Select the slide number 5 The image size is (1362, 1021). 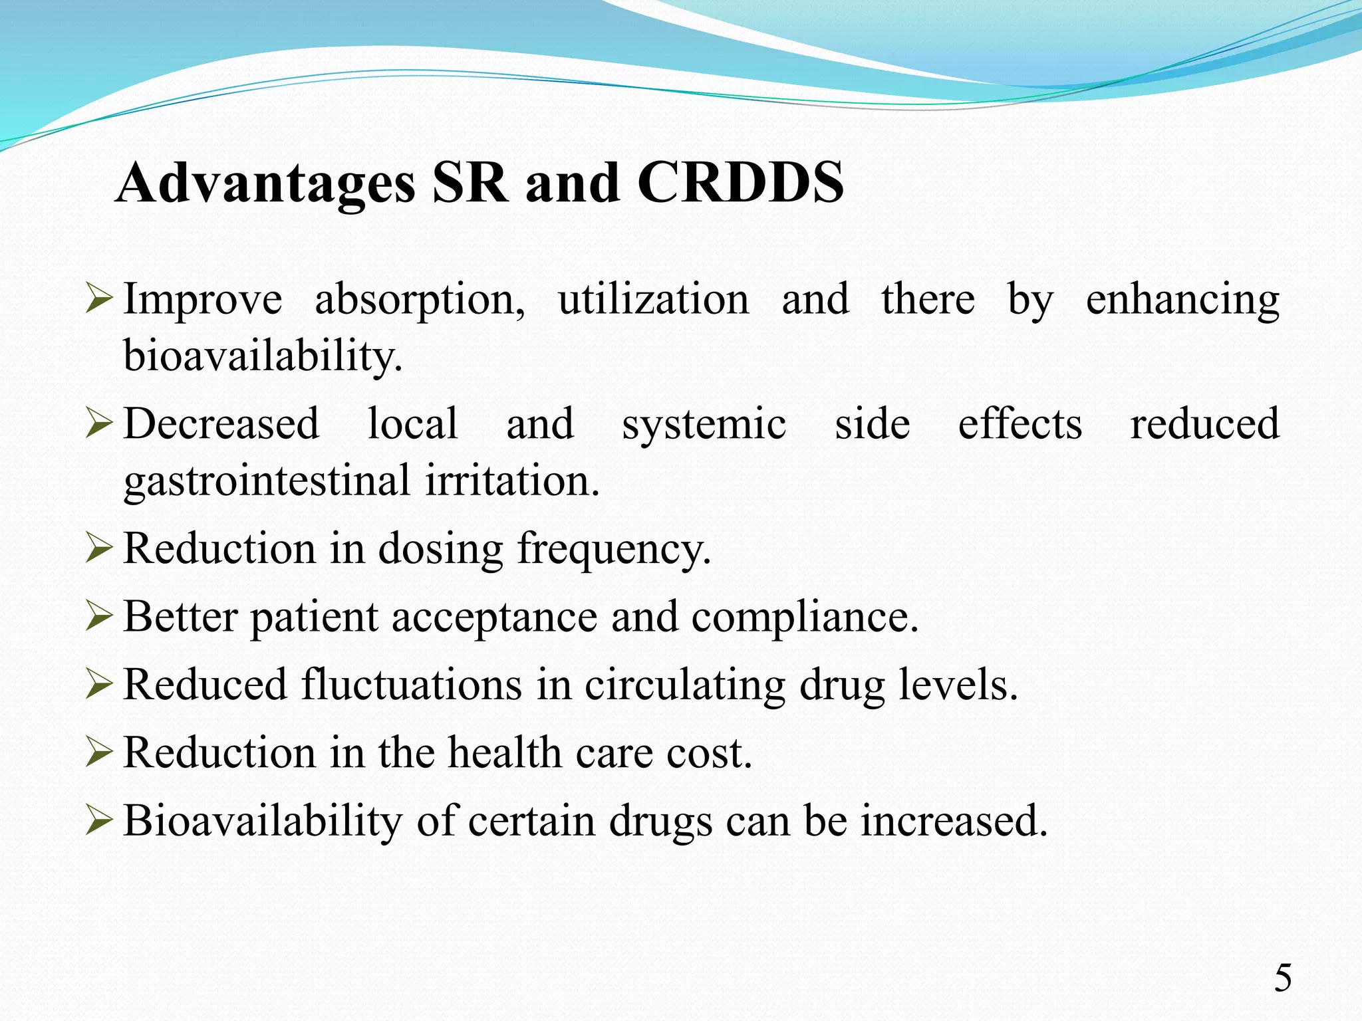coord(1283,978)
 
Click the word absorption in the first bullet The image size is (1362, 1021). coord(419,300)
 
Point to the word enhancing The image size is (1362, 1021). coord(1182,300)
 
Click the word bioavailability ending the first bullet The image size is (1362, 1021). coord(263,356)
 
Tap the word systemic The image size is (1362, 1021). coord(704,423)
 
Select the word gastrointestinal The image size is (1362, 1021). coord(267,481)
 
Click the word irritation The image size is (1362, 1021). coord(512,481)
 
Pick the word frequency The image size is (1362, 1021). coord(614,550)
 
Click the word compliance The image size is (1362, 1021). coord(804,618)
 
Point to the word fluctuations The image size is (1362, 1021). coord(411,685)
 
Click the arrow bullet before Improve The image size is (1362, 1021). coord(99,300)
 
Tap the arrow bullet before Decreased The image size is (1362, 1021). coord(99,425)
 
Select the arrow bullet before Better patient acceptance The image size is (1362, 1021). coord(99,618)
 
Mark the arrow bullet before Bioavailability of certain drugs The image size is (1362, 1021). coord(99,822)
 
